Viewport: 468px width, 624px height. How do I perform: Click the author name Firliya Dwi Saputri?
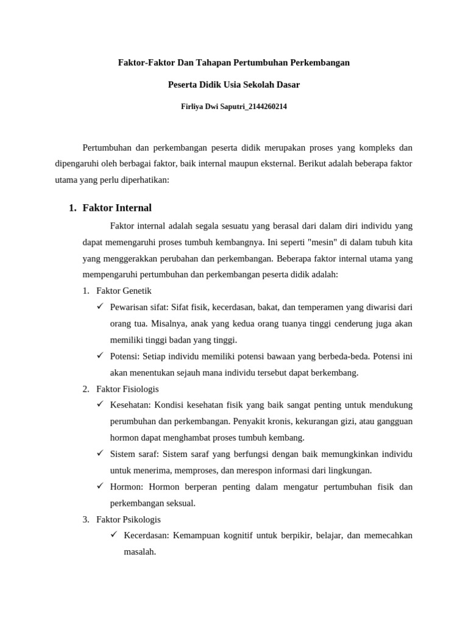[207, 107]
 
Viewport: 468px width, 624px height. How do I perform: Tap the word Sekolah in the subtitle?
[261, 85]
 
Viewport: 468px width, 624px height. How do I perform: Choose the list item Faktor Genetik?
[124, 291]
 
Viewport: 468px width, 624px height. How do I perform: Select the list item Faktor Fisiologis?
[128, 388]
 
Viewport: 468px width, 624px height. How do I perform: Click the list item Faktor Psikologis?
[129, 519]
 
